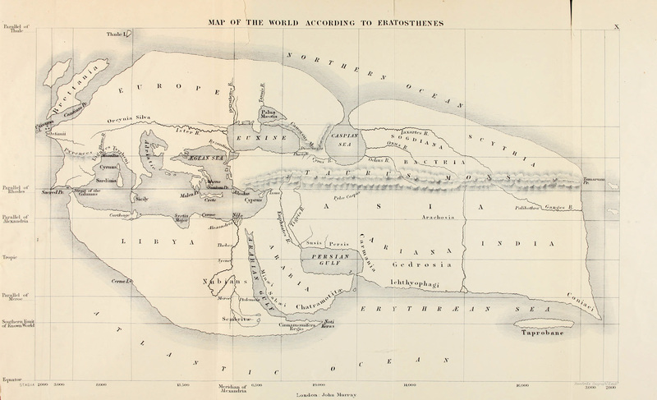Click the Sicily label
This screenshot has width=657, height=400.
pos(141,199)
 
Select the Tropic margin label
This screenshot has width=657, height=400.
pos(11,257)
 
